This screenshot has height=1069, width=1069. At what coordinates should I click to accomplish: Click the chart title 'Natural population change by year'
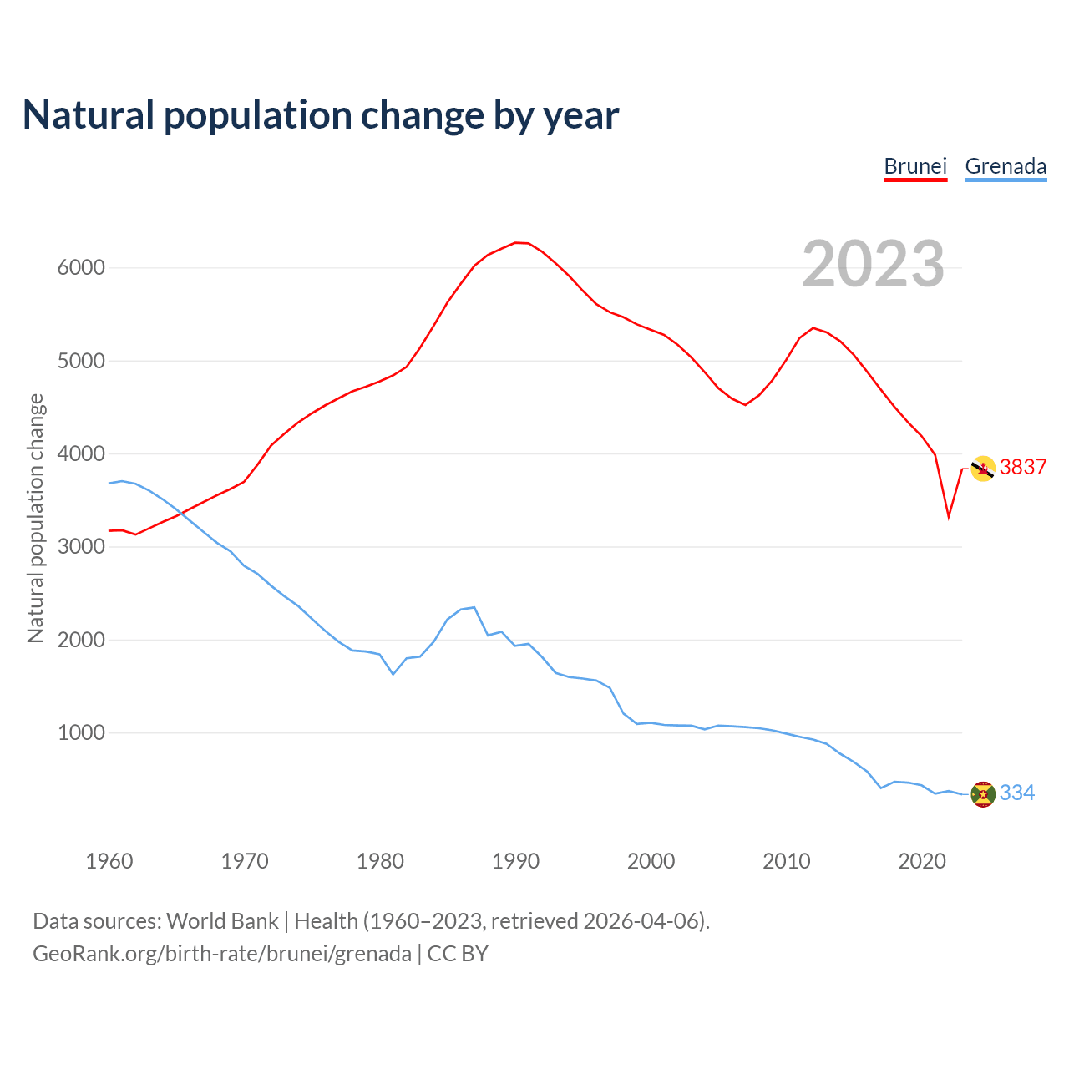pos(321,115)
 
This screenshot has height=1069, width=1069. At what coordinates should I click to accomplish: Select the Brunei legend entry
pos(915,166)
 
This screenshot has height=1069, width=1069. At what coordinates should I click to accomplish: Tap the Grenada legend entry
pos(1006,166)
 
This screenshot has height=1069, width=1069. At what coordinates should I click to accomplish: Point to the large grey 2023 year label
pos(873,264)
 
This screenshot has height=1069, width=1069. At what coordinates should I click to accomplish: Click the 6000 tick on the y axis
pos(81,268)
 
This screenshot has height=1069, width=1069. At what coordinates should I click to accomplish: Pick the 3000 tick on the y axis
pos(81,547)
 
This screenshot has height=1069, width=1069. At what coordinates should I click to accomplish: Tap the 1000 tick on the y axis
pos(81,733)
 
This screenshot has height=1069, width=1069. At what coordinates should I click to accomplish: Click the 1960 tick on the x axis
pos(109,861)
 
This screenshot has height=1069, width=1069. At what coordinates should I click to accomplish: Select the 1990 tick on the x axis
pos(515,861)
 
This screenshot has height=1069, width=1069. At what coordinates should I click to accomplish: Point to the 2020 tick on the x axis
pos(921,861)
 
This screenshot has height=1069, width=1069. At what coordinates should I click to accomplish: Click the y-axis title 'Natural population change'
pos(36,519)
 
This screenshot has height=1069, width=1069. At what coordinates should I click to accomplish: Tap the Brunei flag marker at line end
pos(983,469)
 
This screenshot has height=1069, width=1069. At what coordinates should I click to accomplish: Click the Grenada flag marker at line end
pos(983,794)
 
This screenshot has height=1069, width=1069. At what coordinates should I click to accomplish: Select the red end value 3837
pos(1023,468)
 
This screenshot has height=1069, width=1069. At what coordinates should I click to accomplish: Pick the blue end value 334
pos(1017,793)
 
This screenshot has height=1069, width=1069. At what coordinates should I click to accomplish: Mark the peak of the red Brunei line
pos(517,242)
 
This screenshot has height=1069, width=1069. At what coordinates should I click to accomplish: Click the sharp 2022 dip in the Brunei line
pos(949,516)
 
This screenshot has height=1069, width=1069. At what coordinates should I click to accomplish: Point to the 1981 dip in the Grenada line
pos(393,674)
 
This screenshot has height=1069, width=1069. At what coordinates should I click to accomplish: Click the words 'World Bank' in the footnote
pos(222,921)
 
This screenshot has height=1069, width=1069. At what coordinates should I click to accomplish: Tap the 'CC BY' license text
pos(458,954)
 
